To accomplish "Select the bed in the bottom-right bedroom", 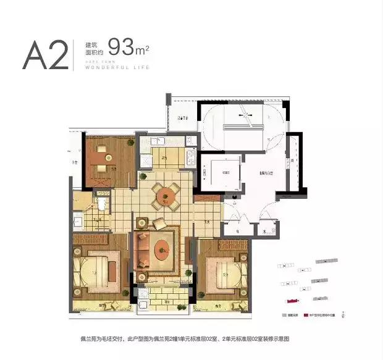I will [225, 269].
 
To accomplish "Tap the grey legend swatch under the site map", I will [284, 314].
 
